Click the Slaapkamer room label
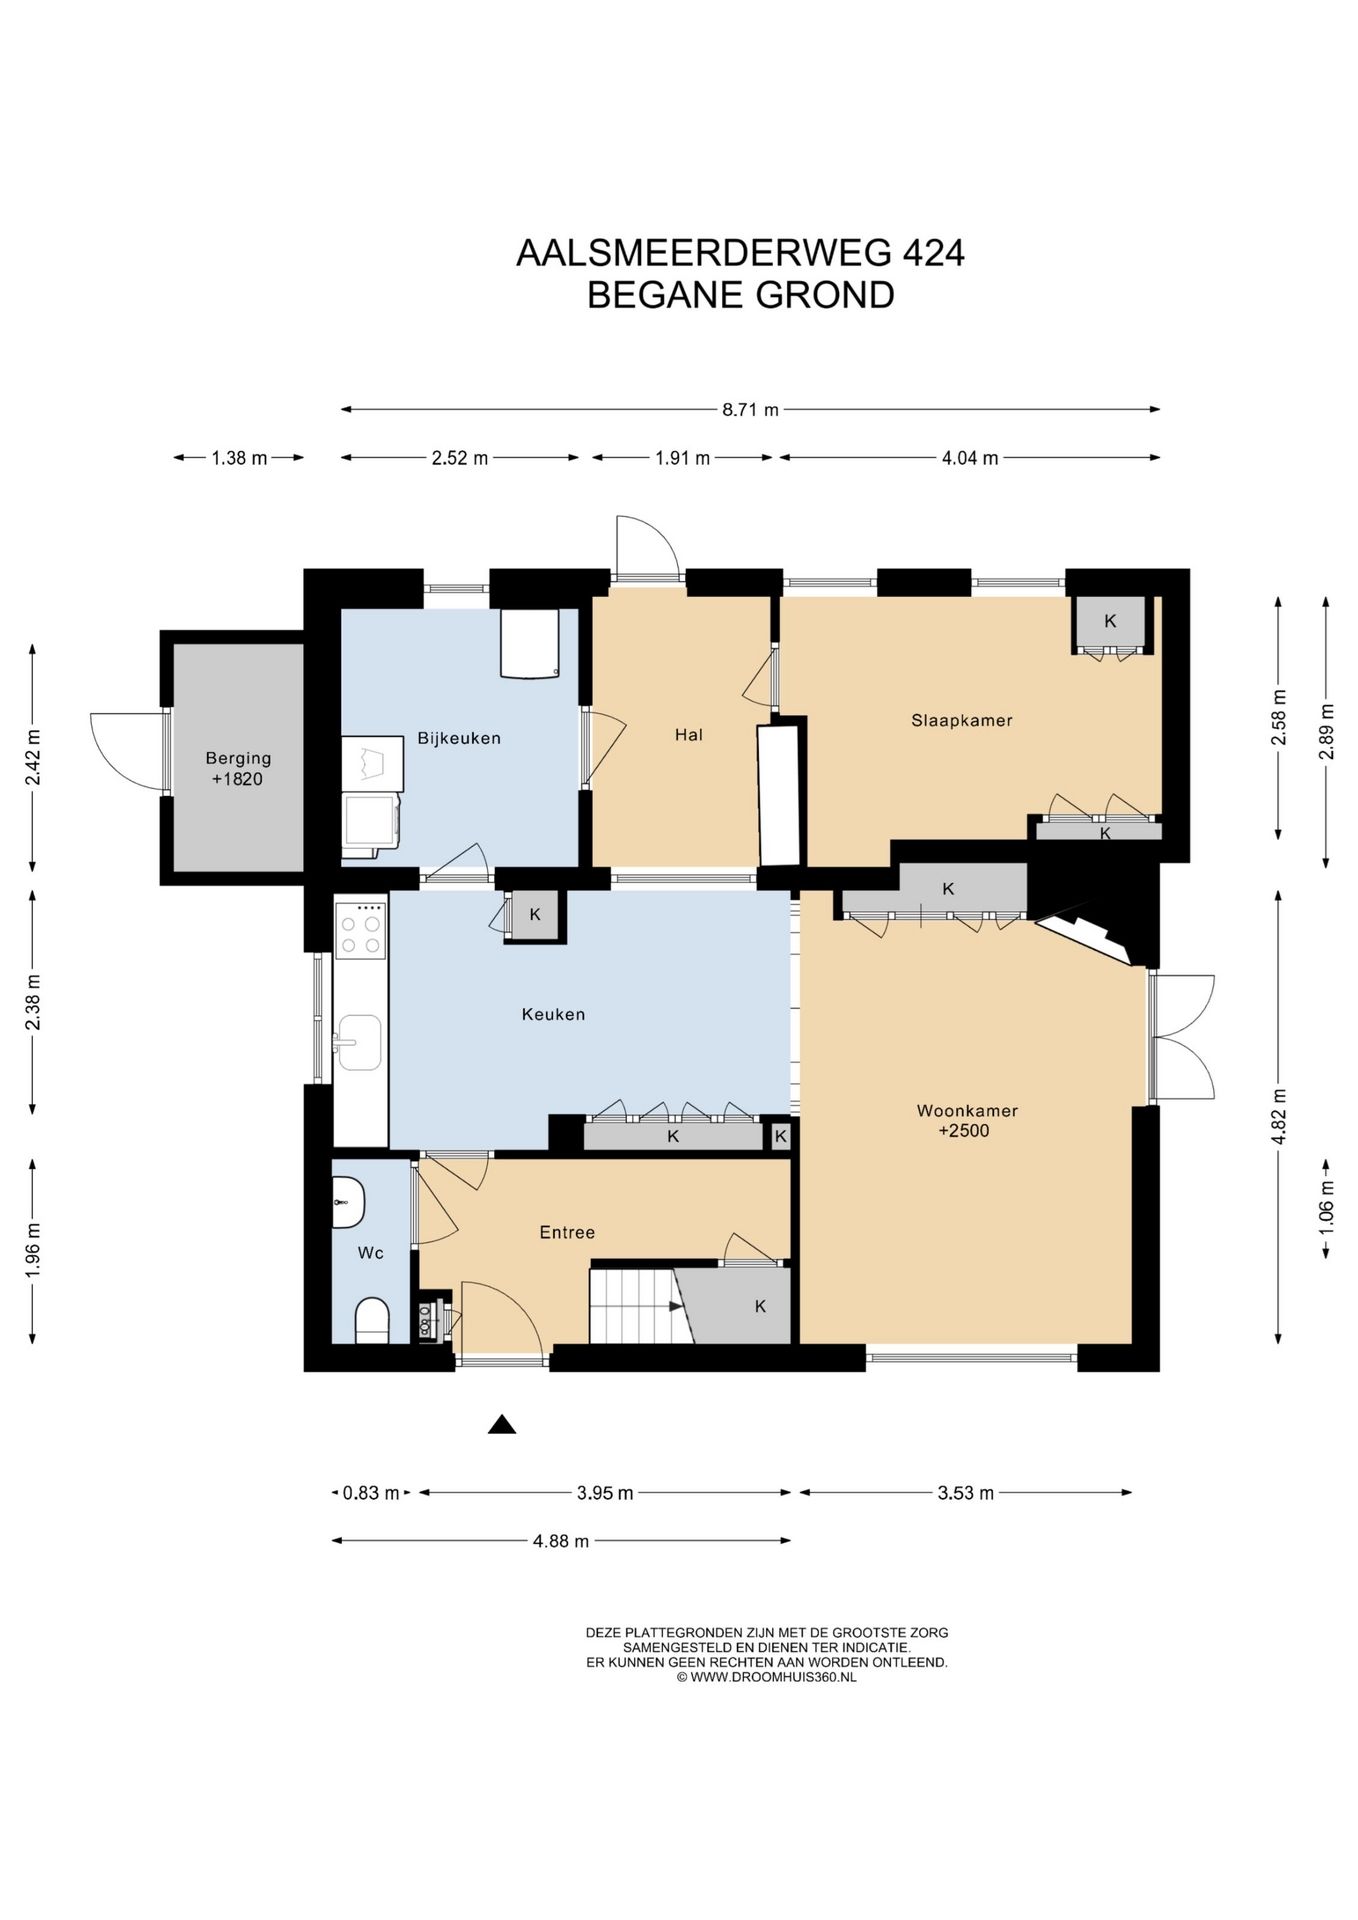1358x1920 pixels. [961, 720]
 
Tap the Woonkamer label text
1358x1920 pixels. [967, 1110]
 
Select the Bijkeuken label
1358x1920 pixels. [459, 738]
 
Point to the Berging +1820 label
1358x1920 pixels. [238, 769]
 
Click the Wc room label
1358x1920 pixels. [371, 1253]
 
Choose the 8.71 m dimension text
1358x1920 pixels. [750, 409]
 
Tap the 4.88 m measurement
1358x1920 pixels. [561, 1541]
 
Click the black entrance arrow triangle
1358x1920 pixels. [502, 1425]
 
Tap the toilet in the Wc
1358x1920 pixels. [372, 1321]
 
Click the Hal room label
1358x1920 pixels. [689, 735]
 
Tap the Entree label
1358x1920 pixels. [567, 1233]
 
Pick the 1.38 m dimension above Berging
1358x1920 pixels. [239, 458]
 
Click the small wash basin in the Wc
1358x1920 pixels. [347, 1202]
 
